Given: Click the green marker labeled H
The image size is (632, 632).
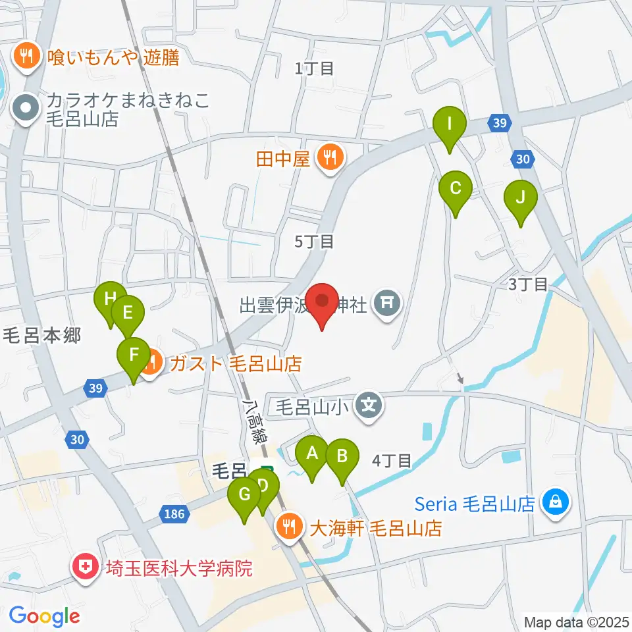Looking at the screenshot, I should click(x=110, y=301).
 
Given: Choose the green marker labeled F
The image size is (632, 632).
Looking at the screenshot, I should click(x=134, y=356).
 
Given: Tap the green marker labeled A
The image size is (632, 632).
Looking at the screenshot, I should click(x=312, y=455).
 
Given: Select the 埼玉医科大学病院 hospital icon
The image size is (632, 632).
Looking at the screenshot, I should click(x=85, y=567).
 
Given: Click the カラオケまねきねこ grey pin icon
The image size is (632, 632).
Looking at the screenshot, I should click(x=27, y=108).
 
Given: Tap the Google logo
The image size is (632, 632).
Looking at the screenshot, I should click(x=44, y=616).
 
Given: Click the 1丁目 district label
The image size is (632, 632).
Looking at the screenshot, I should click(x=315, y=67).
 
